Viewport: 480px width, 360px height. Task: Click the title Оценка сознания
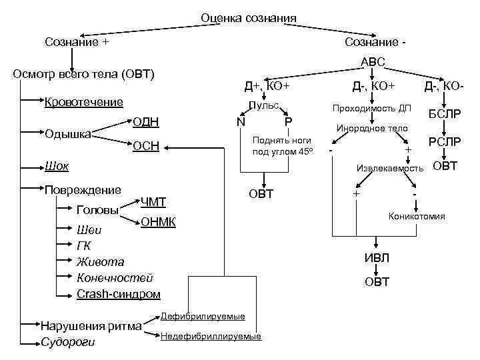point(249,17)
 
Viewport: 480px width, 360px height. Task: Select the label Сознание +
point(77,42)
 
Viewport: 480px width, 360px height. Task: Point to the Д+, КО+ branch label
point(267,86)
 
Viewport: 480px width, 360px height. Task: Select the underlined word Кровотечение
point(83,102)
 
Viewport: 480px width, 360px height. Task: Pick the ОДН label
point(145,121)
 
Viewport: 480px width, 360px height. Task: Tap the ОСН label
point(145,146)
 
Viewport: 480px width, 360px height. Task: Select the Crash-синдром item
point(119,293)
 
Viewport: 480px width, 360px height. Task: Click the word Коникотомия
point(417,217)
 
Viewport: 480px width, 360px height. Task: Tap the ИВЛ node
point(377,258)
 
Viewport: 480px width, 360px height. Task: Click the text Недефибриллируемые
point(211,337)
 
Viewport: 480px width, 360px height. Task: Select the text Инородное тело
point(372,127)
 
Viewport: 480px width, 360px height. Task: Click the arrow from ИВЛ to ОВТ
point(377,271)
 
